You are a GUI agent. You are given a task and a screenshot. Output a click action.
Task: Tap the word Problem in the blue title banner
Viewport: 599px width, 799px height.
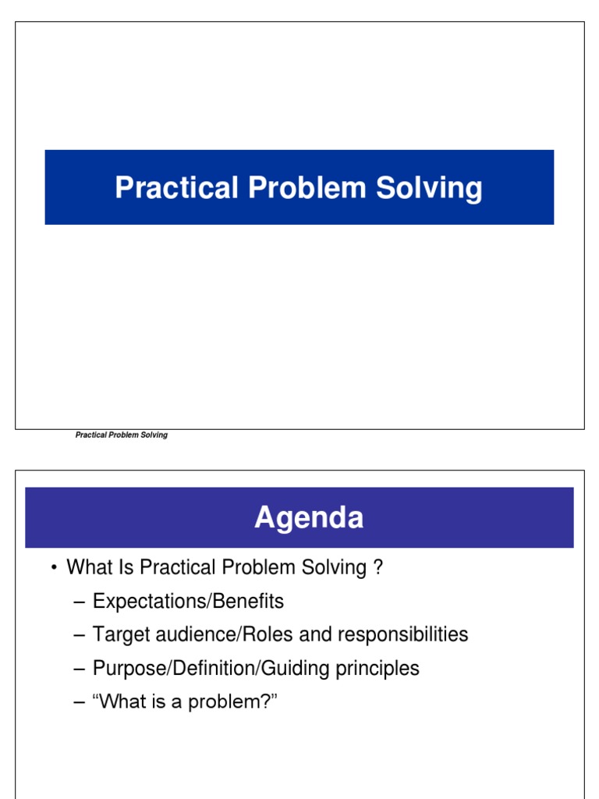[294, 188]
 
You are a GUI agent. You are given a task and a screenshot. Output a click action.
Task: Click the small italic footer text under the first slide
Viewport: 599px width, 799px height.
[121, 435]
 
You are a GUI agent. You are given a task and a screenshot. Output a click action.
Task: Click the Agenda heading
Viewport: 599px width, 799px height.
[309, 518]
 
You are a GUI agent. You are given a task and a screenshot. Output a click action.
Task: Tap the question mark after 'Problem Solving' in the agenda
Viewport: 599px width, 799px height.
[377, 567]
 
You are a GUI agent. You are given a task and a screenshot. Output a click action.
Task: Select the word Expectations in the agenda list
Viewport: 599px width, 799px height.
[145, 602]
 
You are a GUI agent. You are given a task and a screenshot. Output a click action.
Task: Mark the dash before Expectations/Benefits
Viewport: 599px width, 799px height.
[78, 602]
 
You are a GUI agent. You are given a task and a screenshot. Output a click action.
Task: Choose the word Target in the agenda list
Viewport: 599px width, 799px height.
[118, 634]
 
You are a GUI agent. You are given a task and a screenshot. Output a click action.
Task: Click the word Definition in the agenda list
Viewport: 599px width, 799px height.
[199, 668]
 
